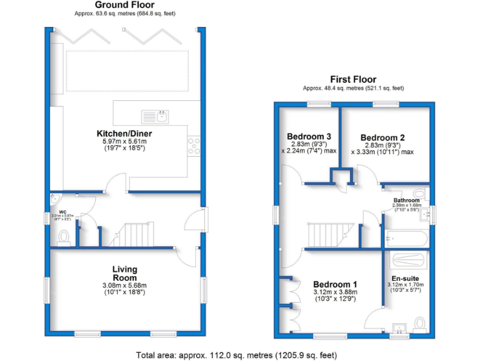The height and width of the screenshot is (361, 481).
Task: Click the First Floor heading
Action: tap(354, 80)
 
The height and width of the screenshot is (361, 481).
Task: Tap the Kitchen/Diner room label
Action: tap(124, 133)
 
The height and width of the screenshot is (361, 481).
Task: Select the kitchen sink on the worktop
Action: tap(155, 116)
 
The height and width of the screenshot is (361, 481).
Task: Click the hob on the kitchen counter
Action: tap(194, 145)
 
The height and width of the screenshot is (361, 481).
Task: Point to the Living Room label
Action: tap(125, 273)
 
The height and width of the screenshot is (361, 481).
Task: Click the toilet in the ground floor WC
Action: tap(63, 237)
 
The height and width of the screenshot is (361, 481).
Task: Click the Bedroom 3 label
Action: tap(309, 137)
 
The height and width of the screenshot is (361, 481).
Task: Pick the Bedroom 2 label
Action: tap(383, 137)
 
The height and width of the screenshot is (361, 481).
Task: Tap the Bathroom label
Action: tap(406, 201)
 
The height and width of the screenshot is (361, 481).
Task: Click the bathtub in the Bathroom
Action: tap(406, 239)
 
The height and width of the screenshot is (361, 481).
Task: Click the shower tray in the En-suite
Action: tap(407, 259)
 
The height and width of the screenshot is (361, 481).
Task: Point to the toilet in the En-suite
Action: tap(420, 323)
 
